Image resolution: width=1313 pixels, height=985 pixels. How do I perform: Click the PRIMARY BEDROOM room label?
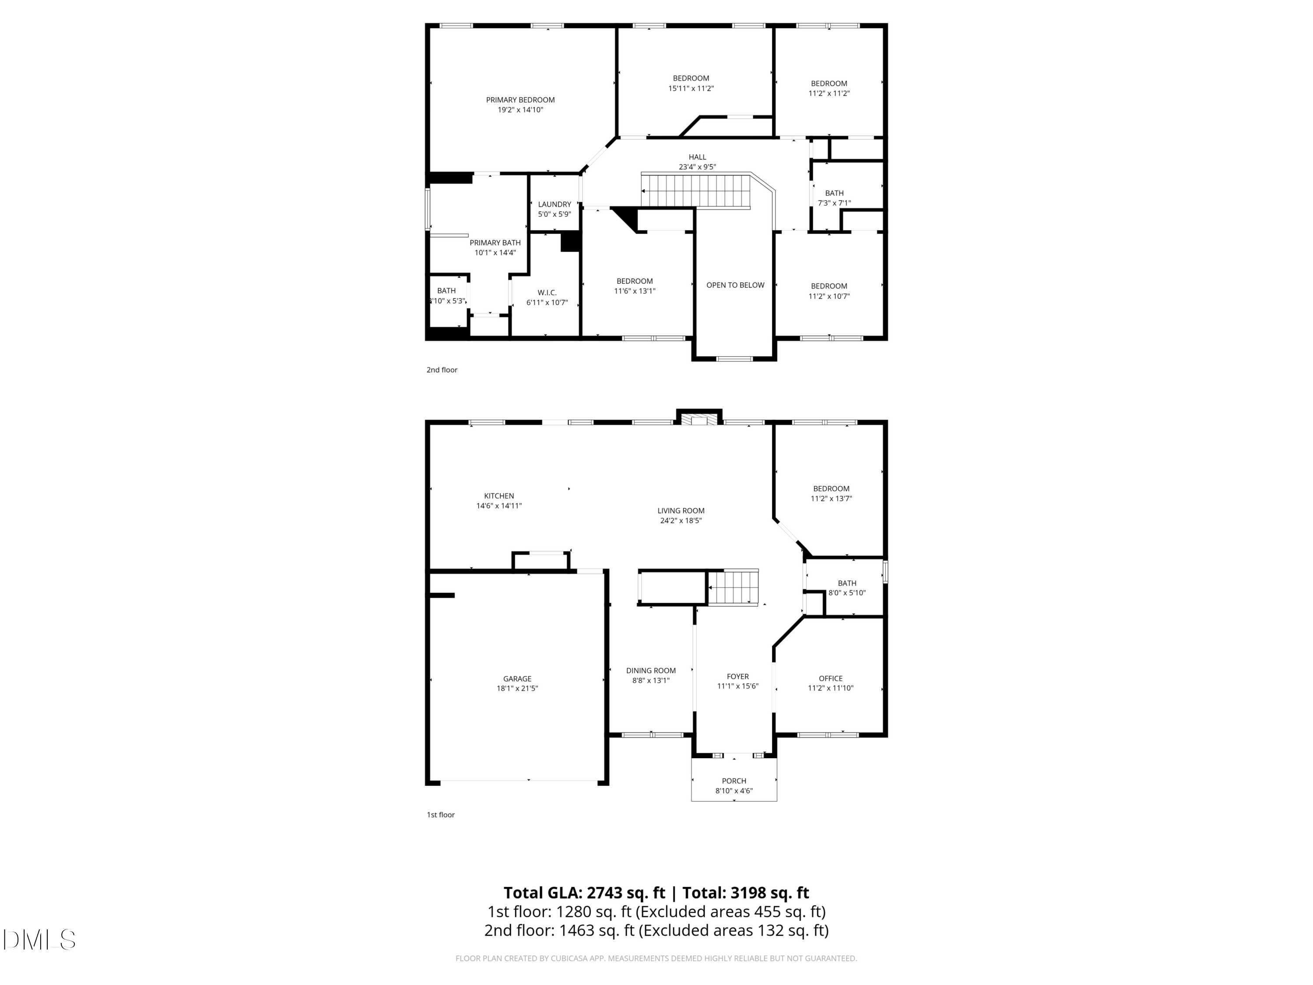(520, 100)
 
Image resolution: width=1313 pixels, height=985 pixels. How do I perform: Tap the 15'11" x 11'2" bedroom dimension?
(691, 88)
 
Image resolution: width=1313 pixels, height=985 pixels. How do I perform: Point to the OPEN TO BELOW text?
(735, 285)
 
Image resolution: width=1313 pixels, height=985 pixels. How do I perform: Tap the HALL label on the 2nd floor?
(698, 157)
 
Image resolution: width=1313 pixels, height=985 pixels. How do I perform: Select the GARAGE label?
(517, 679)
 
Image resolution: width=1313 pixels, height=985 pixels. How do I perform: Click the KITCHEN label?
(499, 496)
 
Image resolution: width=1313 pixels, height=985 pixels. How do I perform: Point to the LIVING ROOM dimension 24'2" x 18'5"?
(681, 521)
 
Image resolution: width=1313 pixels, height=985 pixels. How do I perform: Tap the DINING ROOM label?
(650, 670)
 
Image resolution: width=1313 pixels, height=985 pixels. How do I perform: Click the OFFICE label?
(830, 678)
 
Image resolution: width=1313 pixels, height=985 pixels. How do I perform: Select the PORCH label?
(734, 781)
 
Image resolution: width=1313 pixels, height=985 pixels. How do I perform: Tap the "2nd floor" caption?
(442, 370)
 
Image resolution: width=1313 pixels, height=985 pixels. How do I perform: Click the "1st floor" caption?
(440, 815)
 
